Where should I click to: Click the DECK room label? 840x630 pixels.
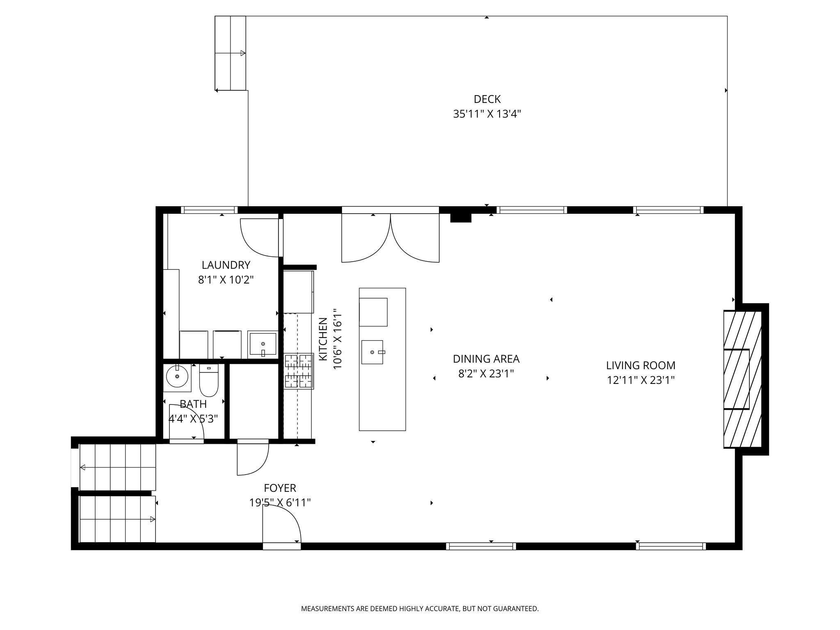487,99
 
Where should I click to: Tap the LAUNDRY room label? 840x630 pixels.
226,265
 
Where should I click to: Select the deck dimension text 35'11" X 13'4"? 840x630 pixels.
487,114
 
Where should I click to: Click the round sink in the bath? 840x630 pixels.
177,376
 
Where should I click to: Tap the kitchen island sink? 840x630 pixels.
372,352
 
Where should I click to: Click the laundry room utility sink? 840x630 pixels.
263,345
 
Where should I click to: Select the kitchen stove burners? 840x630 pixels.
299,371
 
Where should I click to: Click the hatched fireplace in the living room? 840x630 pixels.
743,379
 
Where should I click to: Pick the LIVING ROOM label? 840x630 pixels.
641,365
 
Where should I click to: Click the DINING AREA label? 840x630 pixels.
486,359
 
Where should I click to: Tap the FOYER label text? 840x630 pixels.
280,488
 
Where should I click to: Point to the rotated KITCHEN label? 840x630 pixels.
323,339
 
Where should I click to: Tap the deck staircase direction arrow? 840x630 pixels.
230,53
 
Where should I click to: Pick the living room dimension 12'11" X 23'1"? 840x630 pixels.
641,380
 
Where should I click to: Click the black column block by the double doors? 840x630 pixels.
461,218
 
